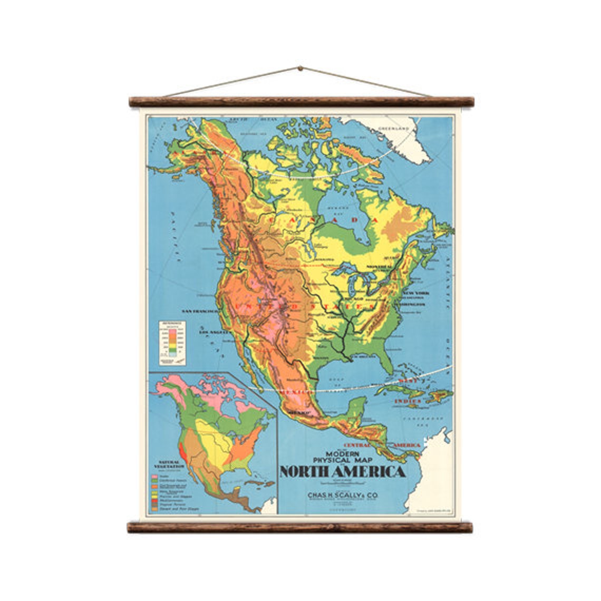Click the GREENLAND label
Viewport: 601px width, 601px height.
click(x=393, y=128)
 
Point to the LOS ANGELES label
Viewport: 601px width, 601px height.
click(x=216, y=333)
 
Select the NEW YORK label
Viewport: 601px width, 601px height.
click(x=416, y=293)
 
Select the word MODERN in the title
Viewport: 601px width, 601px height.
click(x=343, y=453)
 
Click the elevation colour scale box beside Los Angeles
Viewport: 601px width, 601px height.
click(x=173, y=343)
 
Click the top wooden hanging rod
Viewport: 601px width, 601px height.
click(x=301, y=102)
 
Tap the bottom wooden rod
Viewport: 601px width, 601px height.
click(x=300, y=527)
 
